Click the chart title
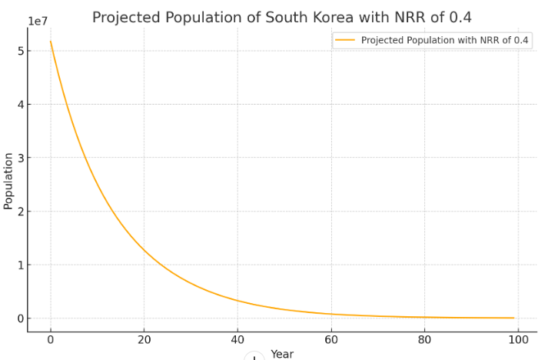[281, 17]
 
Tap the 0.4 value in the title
[460, 17]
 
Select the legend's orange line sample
[345, 41]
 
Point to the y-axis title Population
[8, 181]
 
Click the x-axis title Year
[282, 354]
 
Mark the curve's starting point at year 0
[51, 42]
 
